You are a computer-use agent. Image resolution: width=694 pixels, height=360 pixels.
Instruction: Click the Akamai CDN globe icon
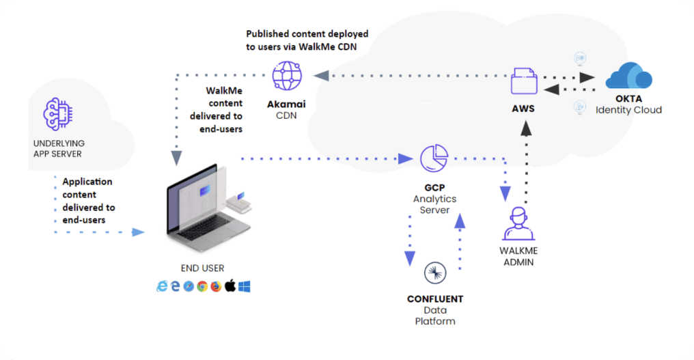click(x=287, y=76)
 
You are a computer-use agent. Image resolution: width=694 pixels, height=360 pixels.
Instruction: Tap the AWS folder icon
click(x=524, y=81)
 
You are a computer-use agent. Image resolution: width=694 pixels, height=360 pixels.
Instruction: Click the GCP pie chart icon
click(x=434, y=158)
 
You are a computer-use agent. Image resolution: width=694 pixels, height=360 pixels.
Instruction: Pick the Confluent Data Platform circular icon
click(x=435, y=273)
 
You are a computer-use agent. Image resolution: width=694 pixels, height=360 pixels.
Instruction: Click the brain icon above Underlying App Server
click(x=57, y=114)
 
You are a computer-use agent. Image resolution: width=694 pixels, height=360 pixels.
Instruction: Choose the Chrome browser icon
click(x=202, y=286)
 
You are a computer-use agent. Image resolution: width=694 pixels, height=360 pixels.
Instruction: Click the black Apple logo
click(x=230, y=286)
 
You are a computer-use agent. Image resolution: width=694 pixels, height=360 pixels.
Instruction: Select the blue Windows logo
click(x=244, y=286)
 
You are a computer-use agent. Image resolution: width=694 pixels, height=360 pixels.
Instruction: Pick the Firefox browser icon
click(x=216, y=286)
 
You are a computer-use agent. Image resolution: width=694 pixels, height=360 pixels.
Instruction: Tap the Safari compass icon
click(x=189, y=286)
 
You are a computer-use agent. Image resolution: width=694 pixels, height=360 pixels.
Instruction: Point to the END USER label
click(x=203, y=268)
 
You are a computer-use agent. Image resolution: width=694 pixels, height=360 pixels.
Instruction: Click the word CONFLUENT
click(x=435, y=299)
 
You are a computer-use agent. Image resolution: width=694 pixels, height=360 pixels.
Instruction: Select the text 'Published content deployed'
click(x=307, y=33)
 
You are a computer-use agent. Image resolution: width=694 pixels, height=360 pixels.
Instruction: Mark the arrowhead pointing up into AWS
click(x=525, y=126)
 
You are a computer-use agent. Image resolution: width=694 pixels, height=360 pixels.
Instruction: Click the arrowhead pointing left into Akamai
click(x=318, y=74)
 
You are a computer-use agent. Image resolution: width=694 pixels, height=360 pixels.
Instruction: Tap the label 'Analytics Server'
click(x=434, y=204)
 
